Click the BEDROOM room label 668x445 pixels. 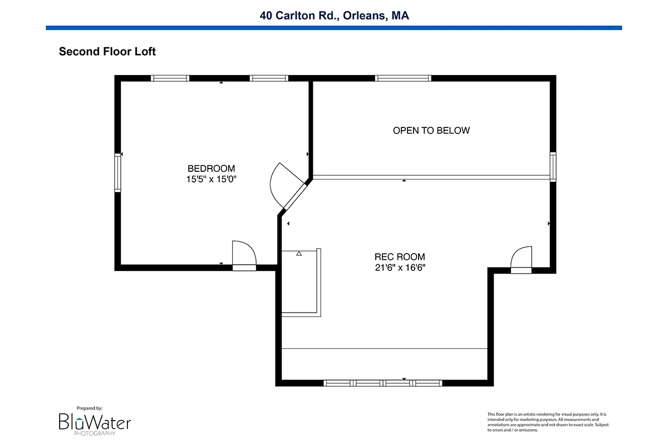pos(211,169)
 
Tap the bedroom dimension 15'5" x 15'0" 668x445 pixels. pos(211,179)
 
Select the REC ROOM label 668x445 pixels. pos(400,256)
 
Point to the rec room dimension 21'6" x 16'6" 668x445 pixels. pos(400,268)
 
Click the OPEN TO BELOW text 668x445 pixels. pos(431,131)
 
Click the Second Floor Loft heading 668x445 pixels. pos(107,52)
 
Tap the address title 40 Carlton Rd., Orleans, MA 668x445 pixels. pos(334,16)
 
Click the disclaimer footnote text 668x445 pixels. pos(548,422)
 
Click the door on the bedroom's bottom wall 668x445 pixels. pos(244,255)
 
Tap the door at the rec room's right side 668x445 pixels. pos(521,260)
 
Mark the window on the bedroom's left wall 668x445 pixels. pos(118,172)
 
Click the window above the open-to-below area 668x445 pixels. pos(403,78)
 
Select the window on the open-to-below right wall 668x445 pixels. pos(553,167)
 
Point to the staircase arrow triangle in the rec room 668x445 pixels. pos(299,254)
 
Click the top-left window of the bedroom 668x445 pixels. pos(170,78)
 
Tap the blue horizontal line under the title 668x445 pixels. pos(334,28)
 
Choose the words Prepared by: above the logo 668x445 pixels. pos(90,408)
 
